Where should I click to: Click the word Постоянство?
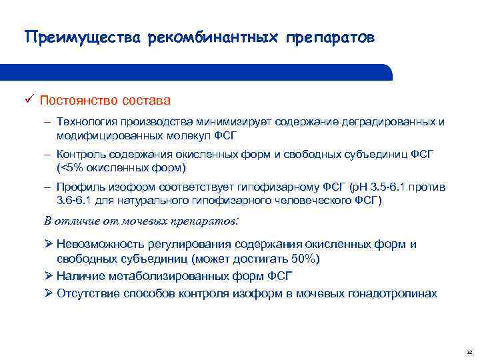78,101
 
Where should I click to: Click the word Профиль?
80,187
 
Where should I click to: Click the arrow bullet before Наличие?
49,275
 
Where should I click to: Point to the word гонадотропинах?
397,293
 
